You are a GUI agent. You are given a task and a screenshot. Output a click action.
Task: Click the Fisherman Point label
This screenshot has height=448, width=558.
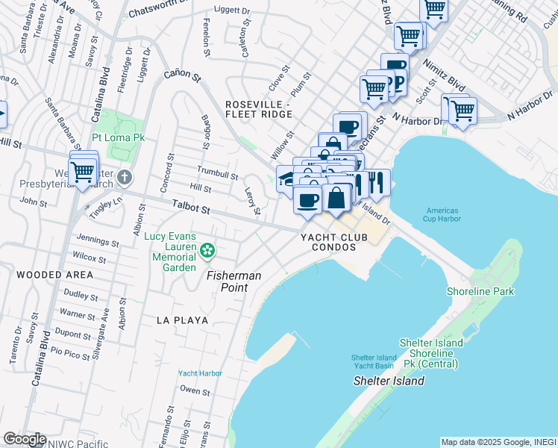click(x=233, y=281)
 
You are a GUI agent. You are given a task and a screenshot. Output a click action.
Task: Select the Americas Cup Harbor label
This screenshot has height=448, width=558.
click(x=442, y=214)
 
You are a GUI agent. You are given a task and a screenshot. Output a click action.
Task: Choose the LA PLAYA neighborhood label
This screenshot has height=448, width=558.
click(x=182, y=320)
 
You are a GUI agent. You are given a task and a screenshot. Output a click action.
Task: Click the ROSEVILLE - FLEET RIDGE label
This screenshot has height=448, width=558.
click(x=257, y=109)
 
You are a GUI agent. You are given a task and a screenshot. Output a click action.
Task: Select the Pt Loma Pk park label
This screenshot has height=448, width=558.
click(x=118, y=138)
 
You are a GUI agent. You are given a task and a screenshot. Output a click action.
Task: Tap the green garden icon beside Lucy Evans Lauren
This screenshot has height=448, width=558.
click(x=210, y=249)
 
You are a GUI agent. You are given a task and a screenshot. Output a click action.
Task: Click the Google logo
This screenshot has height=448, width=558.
click(x=25, y=439)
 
